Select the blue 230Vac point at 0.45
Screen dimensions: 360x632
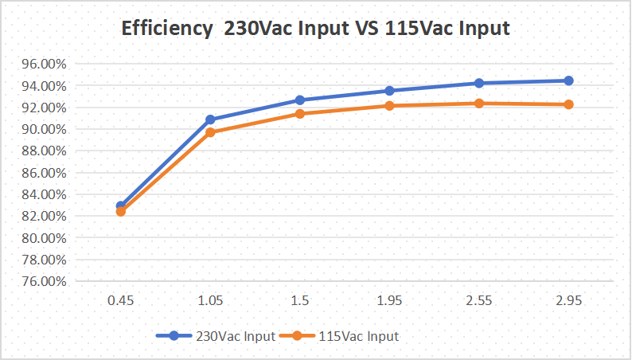(121, 206)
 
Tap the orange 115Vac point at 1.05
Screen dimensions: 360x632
(210, 132)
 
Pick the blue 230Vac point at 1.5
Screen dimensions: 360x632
(300, 100)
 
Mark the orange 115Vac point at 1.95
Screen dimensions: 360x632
(389, 106)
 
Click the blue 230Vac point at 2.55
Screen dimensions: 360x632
(479, 83)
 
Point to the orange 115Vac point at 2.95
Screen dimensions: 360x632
(568, 104)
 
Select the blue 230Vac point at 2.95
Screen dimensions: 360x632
(568, 80)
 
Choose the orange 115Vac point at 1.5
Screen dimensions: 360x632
(300, 114)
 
